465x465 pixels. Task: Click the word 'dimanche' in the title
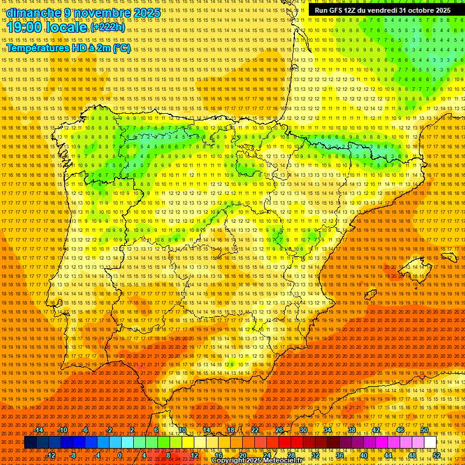pyautogui.click(x=34, y=13)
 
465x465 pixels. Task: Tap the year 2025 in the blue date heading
pyautogui.click(x=147, y=13)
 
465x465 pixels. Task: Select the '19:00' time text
pyautogui.click(x=28, y=27)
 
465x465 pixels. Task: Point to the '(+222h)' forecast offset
pyautogui.click(x=108, y=27)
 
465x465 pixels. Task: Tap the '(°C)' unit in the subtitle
pyautogui.click(x=120, y=48)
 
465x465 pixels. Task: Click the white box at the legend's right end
pyautogui.click(x=430, y=443)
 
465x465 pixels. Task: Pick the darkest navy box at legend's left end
pyautogui.click(x=30, y=443)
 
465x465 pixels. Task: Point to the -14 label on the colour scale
pyautogui.click(x=39, y=430)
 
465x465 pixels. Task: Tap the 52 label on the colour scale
pyautogui.click(x=437, y=455)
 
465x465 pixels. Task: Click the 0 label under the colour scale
pyautogui.click(x=120, y=455)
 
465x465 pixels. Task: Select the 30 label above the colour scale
pyautogui.click(x=303, y=430)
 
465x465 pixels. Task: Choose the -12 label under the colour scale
pyautogui.click(x=51, y=455)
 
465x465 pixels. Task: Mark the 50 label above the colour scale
pyautogui.click(x=424, y=430)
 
